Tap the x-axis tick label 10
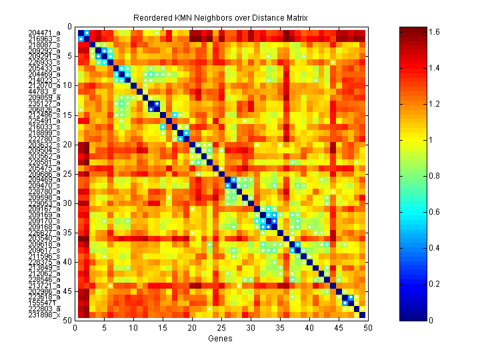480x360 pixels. [x=133, y=328]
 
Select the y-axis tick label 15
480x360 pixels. [x=67, y=115]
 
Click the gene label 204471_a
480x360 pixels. [x=45, y=33]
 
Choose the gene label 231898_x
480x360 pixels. [x=45, y=314]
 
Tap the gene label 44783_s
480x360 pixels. [x=47, y=91]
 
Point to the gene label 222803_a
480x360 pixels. [x=45, y=309]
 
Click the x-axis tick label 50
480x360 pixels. [x=367, y=328]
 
